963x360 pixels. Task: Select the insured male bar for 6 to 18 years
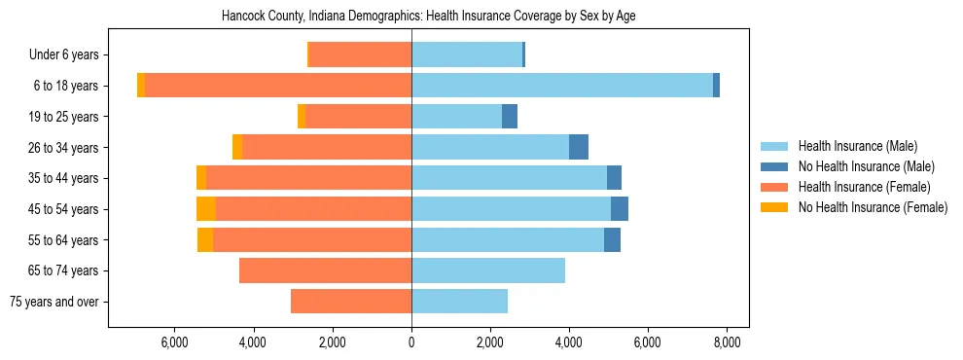(x=561, y=86)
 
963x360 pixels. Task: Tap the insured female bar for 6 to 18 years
(x=278, y=86)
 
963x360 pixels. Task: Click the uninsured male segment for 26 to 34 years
(x=579, y=147)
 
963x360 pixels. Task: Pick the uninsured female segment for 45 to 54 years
(x=206, y=209)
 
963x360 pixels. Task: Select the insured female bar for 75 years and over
(x=351, y=302)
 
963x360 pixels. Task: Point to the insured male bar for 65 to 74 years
(x=488, y=270)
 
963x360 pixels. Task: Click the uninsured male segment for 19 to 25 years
(x=510, y=117)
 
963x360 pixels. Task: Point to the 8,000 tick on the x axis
(x=728, y=342)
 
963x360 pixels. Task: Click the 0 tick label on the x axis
(x=411, y=342)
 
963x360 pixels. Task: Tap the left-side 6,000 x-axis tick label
(x=174, y=342)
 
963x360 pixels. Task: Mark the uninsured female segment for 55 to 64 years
(x=205, y=239)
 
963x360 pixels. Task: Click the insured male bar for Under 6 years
(x=467, y=54)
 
